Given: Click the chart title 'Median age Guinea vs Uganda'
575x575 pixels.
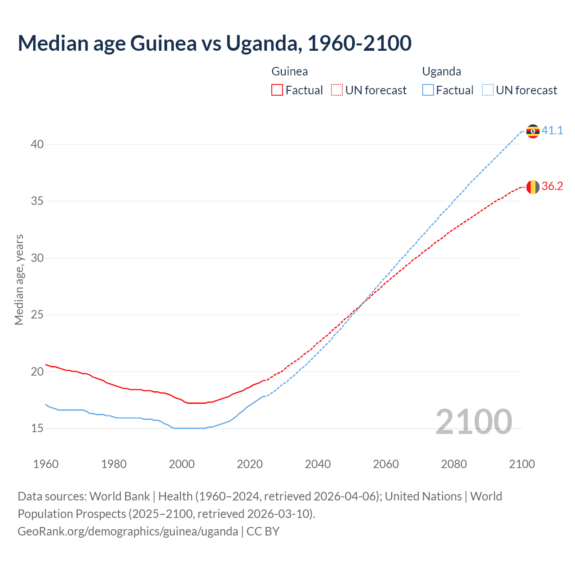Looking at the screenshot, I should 214,43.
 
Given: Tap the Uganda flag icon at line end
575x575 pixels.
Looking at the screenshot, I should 533,131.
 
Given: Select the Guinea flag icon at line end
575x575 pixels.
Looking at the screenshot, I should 533,187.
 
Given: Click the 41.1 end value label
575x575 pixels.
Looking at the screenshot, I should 552,131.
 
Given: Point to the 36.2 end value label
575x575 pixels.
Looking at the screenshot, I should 552,186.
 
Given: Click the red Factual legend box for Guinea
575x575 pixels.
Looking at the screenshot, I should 277,90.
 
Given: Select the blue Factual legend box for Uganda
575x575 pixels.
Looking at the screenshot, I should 428,90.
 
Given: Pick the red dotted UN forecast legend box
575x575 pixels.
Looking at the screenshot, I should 337,90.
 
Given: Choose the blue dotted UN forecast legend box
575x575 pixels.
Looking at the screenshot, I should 488,90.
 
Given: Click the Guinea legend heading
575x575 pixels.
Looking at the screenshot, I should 290,71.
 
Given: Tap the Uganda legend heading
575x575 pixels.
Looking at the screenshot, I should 442,71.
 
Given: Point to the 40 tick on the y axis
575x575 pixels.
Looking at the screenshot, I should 37,144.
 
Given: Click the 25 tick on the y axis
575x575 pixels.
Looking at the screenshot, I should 37,314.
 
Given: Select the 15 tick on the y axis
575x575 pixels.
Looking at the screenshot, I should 37,428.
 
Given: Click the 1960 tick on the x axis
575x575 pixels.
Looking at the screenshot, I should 46,464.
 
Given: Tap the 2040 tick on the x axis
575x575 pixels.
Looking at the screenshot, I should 318,464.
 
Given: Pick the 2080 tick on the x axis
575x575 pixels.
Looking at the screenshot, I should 454,464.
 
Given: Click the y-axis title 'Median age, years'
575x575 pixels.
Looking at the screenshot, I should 19,279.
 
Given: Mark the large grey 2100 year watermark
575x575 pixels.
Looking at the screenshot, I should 474,421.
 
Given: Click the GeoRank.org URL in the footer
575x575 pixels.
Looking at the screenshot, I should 128,531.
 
